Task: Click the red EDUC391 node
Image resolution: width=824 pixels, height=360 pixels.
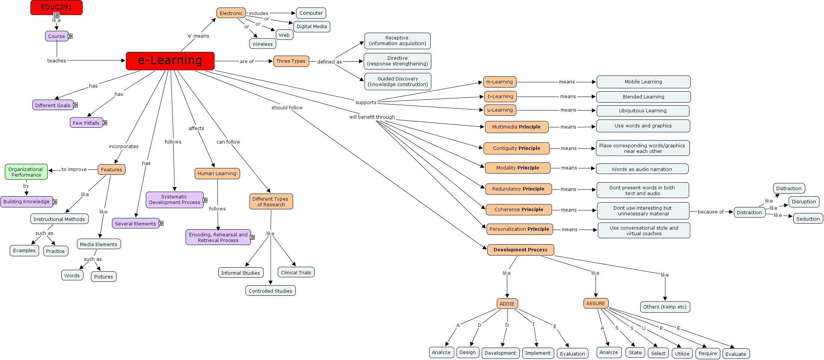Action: click(56, 8)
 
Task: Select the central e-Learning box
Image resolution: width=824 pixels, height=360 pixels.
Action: click(170, 61)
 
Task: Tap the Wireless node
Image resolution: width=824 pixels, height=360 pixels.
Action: click(262, 44)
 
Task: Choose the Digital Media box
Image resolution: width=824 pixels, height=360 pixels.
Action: click(311, 27)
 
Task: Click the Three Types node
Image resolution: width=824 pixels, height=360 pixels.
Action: click(291, 61)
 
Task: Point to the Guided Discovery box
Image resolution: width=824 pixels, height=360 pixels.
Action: click(398, 82)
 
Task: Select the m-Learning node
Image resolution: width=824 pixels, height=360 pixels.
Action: click(499, 82)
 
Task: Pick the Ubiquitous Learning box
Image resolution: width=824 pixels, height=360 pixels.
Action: click(643, 111)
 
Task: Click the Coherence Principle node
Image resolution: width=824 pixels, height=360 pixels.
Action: click(519, 210)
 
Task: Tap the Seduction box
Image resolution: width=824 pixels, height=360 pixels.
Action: click(808, 219)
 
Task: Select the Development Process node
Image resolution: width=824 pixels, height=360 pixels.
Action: click(520, 250)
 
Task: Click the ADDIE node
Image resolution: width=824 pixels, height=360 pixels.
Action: click(507, 304)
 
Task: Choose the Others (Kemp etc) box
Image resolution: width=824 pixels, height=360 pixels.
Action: click(665, 307)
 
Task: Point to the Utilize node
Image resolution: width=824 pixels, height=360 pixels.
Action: click(682, 354)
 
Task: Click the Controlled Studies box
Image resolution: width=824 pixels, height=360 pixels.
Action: click(270, 291)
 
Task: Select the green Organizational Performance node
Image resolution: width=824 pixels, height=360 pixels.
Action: click(26, 172)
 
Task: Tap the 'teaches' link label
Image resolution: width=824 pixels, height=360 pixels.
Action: click(56, 61)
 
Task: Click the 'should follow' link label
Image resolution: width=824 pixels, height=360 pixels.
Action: click(287, 108)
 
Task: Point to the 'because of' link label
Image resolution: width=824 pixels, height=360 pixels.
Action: click(711, 212)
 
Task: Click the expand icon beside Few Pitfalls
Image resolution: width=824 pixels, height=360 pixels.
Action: click(105, 123)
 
